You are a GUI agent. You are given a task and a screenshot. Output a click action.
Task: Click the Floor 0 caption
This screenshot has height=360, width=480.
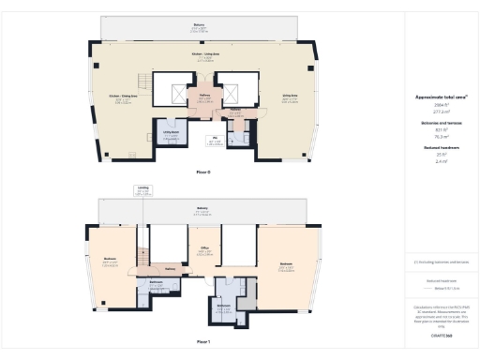click(x=203, y=172)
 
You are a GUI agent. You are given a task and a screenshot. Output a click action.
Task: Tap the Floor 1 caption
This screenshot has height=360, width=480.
click(x=203, y=341)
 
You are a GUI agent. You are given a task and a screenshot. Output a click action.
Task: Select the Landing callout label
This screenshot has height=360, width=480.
click(x=142, y=190)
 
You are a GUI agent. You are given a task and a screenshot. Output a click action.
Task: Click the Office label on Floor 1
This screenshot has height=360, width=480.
click(x=203, y=249)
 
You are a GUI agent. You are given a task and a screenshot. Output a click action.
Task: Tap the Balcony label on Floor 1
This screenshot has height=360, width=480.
click(x=202, y=209)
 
